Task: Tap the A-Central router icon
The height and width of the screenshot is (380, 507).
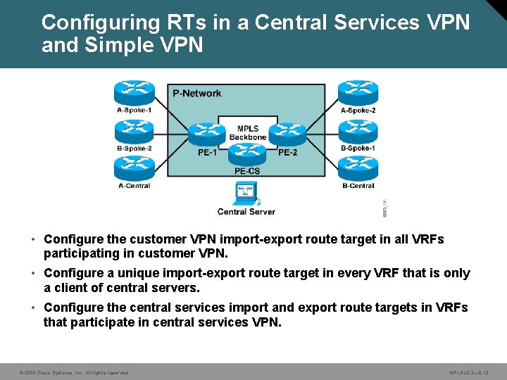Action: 134,169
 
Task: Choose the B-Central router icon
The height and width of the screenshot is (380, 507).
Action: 358,169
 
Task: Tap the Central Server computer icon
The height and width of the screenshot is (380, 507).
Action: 246,193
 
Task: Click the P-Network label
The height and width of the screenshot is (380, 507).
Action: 197,93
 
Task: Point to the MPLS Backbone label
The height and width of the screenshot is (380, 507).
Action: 247,132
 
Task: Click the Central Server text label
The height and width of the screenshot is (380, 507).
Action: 246,211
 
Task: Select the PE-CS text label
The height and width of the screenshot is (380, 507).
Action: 246,171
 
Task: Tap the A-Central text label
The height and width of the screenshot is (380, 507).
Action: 134,186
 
